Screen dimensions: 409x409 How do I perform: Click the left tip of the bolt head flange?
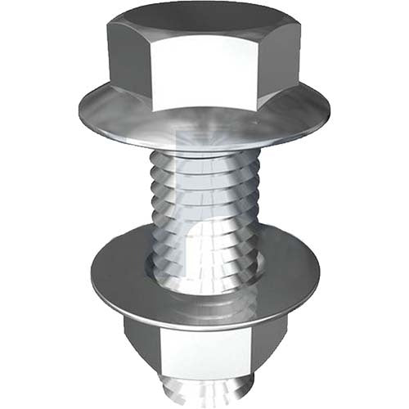[82, 109]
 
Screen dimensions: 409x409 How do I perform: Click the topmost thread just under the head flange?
[204, 160]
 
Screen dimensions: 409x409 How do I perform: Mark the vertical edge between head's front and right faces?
[260, 70]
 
